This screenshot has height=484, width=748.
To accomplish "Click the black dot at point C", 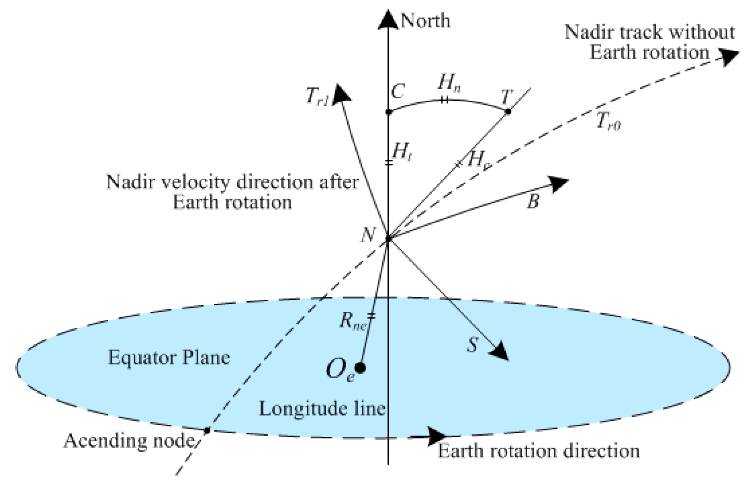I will pos(388,112).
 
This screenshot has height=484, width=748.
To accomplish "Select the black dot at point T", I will pos(508,112).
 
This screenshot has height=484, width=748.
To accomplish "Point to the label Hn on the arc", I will pos(449,83).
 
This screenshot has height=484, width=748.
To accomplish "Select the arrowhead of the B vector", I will pos(559,183).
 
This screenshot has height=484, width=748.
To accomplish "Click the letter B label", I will pos(533,202).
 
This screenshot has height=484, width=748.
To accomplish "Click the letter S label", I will pos(472,345).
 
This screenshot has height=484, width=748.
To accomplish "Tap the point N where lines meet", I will pos(388,239).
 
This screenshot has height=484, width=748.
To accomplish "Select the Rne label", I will pos(352,321).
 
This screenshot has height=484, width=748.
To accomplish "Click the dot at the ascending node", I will pos(207,430).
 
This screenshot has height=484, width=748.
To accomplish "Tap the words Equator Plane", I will pos(169,357).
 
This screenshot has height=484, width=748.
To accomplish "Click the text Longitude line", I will pos(322,409).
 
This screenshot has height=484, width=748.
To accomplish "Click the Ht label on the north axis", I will pos(402,152).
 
